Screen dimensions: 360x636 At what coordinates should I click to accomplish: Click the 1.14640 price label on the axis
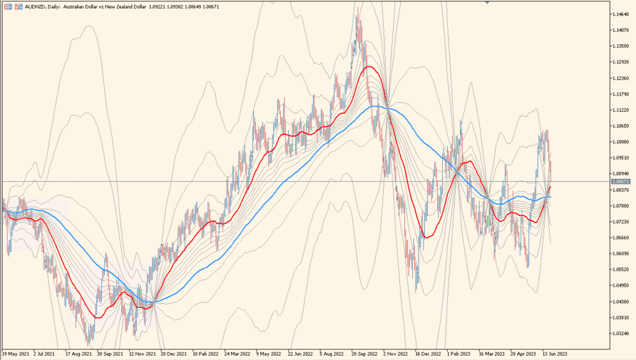[x=621, y=14]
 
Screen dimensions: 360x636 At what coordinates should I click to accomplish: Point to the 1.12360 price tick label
[x=621, y=78]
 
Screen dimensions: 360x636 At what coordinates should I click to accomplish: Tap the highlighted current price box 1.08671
[x=621, y=181]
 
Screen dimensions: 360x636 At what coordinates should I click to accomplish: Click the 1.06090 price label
[x=621, y=254]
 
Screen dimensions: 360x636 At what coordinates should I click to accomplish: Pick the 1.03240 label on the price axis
[x=621, y=333]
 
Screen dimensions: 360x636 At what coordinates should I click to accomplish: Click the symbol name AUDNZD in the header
[x=35, y=6]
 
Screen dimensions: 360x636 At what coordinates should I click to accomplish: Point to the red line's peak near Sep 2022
[x=369, y=66]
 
